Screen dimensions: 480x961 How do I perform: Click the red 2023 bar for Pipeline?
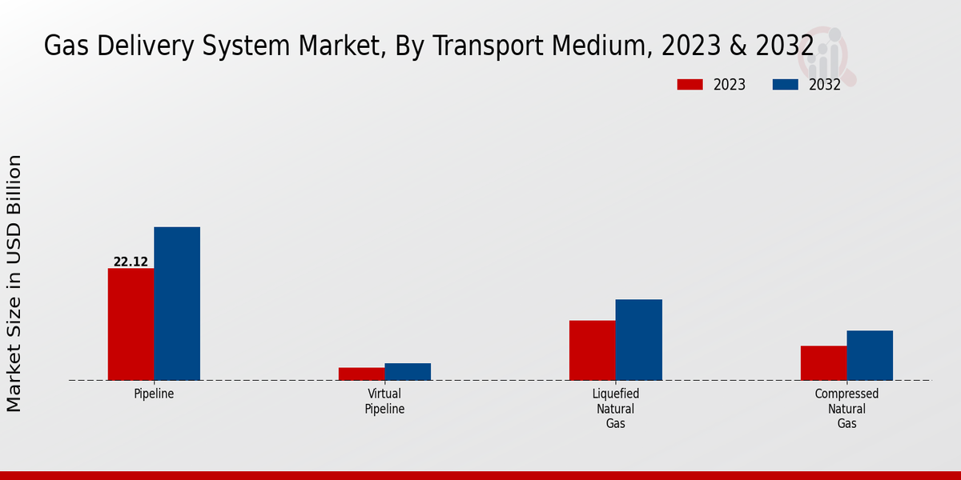click(x=131, y=324)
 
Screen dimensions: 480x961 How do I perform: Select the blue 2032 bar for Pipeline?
click(x=177, y=303)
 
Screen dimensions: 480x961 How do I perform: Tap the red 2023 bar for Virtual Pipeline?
click(x=361, y=374)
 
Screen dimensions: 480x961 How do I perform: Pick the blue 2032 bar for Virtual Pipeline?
click(x=408, y=371)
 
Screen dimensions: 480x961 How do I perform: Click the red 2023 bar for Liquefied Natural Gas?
click(x=593, y=350)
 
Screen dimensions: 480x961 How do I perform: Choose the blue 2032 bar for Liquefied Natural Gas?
click(x=639, y=339)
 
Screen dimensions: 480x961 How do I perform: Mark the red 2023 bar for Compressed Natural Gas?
click(x=823, y=362)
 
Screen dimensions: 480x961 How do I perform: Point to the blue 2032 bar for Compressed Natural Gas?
click(x=870, y=355)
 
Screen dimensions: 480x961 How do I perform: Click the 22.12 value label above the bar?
click(x=131, y=262)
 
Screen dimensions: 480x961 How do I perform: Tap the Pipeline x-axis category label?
click(x=154, y=394)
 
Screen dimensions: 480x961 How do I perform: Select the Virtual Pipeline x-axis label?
click(x=384, y=402)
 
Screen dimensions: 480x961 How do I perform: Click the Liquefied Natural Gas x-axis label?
click(x=616, y=409)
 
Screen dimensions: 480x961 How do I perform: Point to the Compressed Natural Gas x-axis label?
click(x=846, y=409)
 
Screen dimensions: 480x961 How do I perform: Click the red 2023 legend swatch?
click(x=690, y=85)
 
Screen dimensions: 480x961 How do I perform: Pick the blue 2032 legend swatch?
click(x=786, y=85)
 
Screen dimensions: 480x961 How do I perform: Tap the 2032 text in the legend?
click(x=825, y=85)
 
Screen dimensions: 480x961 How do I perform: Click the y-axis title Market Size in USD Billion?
click(x=14, y=284)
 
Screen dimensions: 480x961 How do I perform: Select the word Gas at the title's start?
click(x=63, y=46)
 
